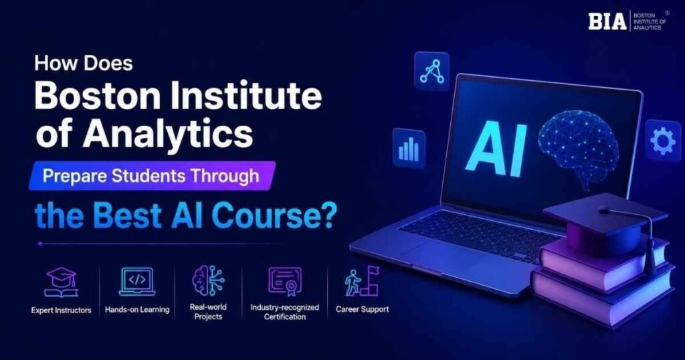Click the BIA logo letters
click(x=607, y=21)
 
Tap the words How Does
click(x=84, y=64)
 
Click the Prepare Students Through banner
click(x=152, y=175)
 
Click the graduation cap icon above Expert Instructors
click(x=61, y=282)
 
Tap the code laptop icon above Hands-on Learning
click(x=137, y=282)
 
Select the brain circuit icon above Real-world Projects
click(x=209, y=280)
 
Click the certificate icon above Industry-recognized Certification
click(x=285, y=282)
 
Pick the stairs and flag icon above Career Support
click(x=362, y=281)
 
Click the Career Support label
click(x=362, y=309)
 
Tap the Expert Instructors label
click(x=61, y=310)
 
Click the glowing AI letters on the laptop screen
click(x=496, y=149)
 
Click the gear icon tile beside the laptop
click(x=662, y=141)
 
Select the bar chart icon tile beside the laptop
click(x=409, y=149)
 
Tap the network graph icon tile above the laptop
click(x=431, y=71)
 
